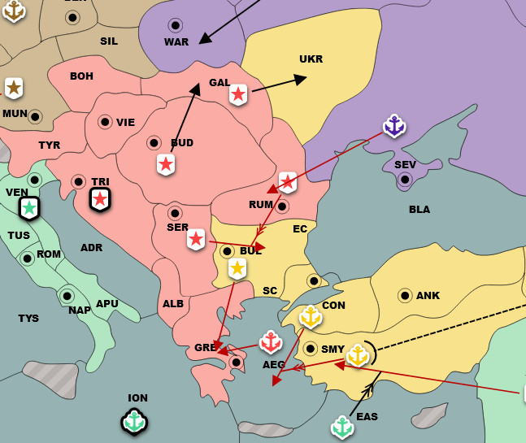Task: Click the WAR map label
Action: (x=176, y=42)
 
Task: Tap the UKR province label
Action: (x=311, y=59)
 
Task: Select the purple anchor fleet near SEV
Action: (x=394, y=126)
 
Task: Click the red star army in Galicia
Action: (x=238, y=94)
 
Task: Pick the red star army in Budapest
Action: (x=166, y=164)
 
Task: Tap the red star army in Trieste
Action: (x=100, y=198)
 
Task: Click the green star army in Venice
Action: (x=29, y=208)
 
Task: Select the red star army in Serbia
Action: (x=196, y=239)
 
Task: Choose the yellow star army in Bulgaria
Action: (x=237, y=268)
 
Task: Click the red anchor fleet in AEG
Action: (x=271, y=342)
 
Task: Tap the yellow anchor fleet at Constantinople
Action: (x=311, y=316)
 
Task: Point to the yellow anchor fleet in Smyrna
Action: (x=358, y=354)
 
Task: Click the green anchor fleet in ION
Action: (x=134, y=421)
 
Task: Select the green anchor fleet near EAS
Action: (x=342, y=426)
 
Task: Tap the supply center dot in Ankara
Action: (x=405, y=295)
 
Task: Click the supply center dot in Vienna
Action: (x=105, y=122)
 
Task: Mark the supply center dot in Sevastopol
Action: (x=405, y=180)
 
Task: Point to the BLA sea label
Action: (x=419, y=210)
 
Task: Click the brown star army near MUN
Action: (x=14, y=88)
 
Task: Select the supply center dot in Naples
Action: (x=67, y=296)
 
